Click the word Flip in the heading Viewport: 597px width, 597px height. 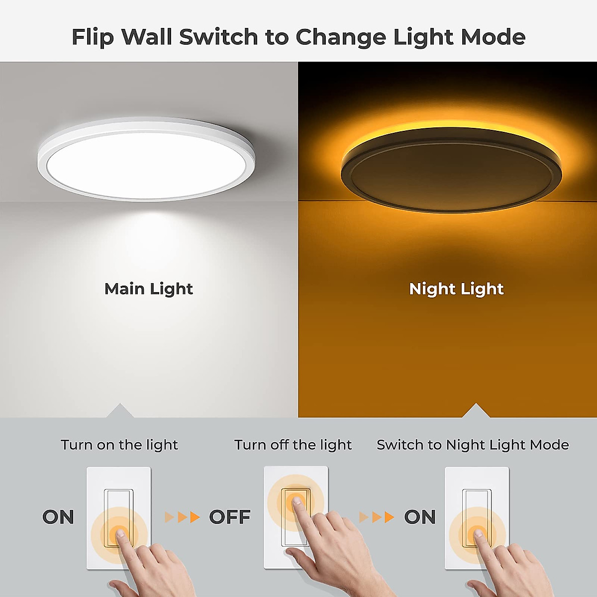[93, 37]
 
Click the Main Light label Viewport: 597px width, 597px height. [148, 289]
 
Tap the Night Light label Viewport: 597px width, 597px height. [456, 289]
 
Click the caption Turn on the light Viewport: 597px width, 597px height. [119, 445]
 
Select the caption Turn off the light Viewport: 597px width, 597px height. [293, 445]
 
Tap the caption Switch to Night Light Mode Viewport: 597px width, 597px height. [473, 445]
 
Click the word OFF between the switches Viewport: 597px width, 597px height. [230, 517]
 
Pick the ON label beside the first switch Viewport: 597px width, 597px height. [58, 517]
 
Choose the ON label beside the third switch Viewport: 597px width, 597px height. [420, 517]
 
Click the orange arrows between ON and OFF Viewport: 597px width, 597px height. [182, 517]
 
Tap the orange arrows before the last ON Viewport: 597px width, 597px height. [377, 517]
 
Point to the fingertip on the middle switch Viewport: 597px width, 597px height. [296, 499]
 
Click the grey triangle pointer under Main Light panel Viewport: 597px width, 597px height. [119, 411]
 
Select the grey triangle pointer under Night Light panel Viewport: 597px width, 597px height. [476, 411]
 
